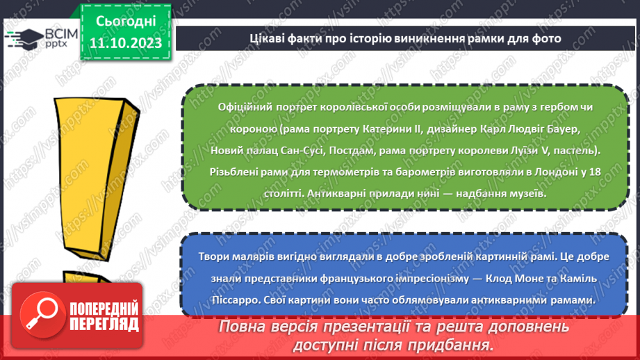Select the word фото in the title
pos(547,38)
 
